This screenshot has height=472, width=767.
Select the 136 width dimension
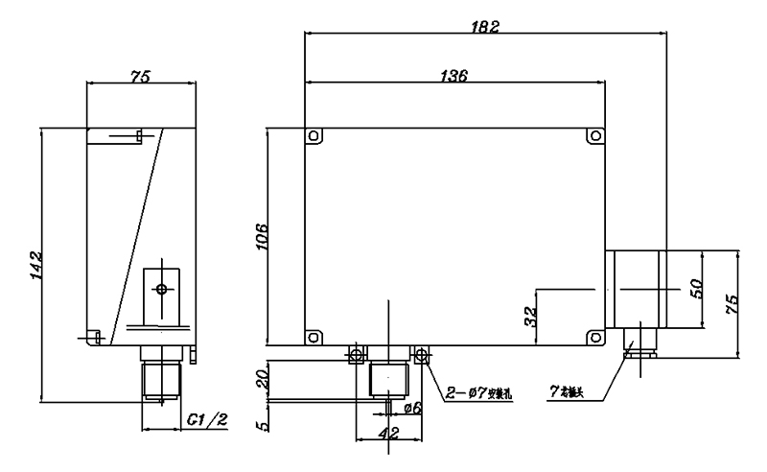pyautogui.click(x=454, y=77)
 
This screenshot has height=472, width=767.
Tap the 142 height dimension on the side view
pyautogui.click(x=35, y=266)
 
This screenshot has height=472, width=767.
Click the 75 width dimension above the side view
pyautogui.click(x=141, y=77)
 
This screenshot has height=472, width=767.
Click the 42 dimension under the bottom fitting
pyautogui.click(x=389, y=434)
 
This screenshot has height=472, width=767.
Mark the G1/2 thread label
pyautogui.click(x=206, y=419)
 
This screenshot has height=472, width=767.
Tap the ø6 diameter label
pyautogui.click(x=413, y=408)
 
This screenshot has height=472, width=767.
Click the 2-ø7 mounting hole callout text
pyautogui.click(x=478, y=393)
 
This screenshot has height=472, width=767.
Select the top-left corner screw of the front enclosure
pyautogui.click(x=312, y=136)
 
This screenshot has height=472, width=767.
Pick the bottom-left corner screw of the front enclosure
pyautogui.click(x=312, y=337)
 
